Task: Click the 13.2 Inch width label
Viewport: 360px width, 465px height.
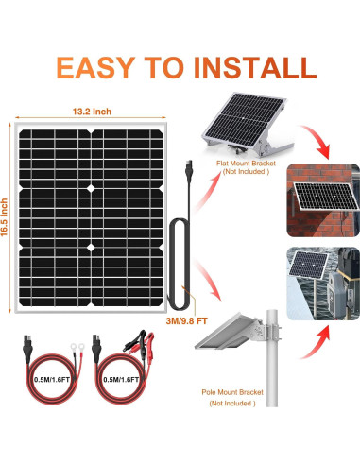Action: coord(92,112)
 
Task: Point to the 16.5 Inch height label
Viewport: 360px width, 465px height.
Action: coord(4,217)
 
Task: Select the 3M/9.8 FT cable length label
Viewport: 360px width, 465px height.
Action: coord(186,321)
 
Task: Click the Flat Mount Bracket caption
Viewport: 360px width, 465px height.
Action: coord(246,164)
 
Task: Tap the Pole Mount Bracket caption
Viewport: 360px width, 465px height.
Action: coord(232,392)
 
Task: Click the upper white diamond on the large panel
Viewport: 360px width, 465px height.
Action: coord(91,189)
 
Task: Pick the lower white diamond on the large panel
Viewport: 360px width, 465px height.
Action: coord(91,248)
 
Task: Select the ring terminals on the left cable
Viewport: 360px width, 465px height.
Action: coord(77,347)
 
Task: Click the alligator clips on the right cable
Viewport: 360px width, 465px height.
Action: coord(139,341)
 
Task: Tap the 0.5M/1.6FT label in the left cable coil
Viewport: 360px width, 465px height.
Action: coord(52,380)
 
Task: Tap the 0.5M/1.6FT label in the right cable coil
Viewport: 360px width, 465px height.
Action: coord(121,380)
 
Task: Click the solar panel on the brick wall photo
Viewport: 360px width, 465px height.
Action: coord(326,196)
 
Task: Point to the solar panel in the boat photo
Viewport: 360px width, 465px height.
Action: coord(308,264)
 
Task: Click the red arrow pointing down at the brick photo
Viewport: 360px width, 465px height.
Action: coord(317,140)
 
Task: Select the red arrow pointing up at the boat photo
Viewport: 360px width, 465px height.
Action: coord(317,342)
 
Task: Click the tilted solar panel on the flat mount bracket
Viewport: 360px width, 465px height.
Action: coord(245,117)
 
